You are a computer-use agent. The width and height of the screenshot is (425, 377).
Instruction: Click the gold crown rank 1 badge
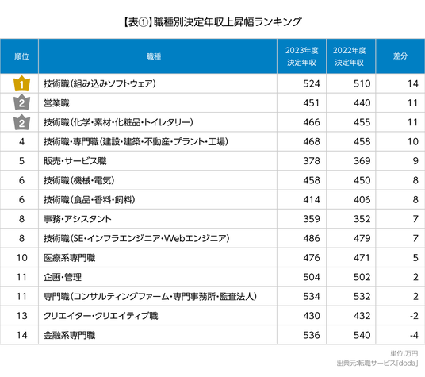click(21, 83)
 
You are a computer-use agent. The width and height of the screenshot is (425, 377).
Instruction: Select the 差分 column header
click(400, 56)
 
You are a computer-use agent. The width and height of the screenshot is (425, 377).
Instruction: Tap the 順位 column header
click(21, 56)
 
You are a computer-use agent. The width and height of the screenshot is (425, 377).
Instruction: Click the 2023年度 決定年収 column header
click(301, 56)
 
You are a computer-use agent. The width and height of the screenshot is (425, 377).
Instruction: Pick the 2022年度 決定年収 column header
click(350, 56)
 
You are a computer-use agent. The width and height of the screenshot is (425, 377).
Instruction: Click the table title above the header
click(212, 22)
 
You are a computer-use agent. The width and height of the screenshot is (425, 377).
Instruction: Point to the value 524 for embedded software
click(312, 83)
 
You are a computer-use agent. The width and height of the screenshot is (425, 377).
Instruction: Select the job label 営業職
click(56, 103)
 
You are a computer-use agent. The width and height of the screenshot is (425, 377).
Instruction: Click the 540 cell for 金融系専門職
click(362, 335)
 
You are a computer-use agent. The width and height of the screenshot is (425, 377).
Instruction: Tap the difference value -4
click(414, 335)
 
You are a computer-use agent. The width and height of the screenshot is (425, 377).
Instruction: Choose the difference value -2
click(414, 316)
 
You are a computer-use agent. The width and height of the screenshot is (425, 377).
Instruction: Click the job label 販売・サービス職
click(75, 161)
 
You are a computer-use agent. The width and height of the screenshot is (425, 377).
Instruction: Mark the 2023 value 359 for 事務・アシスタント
click(312, 219)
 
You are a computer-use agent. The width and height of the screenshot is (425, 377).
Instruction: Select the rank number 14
click(22, 335)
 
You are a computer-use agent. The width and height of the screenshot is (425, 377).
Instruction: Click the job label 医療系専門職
click(70, 258)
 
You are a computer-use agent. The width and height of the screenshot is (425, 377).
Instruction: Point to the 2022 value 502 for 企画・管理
click(362, 277)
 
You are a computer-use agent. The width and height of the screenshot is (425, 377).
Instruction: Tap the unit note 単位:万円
click(404, 353)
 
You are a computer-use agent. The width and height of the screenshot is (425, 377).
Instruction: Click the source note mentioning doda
click(377, 364)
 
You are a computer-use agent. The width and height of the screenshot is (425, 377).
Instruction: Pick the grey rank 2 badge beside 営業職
click(21, 103)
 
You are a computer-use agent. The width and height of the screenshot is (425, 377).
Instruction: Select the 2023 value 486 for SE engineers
click(312, 238)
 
